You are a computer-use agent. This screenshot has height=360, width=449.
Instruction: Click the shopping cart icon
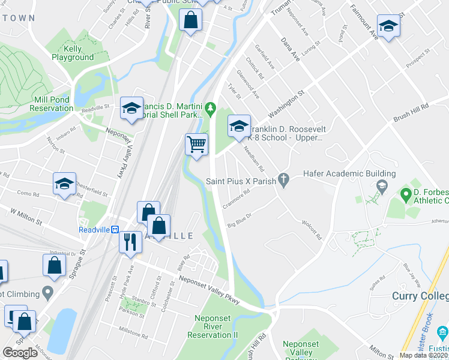click(x=196, y=145)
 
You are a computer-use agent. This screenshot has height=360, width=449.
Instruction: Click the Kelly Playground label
click(x=72, y=53)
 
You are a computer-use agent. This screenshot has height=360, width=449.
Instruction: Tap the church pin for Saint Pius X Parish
click(x=285, y=179)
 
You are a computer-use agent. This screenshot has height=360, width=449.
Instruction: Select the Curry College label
click(x=420, y=296)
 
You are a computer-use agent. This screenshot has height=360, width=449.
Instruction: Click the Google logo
click(x=20, y=352)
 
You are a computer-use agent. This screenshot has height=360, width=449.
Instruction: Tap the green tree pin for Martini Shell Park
click(x=210, y=109)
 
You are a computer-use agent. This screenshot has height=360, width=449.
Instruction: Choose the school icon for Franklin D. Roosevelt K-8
click(x=238, y=127)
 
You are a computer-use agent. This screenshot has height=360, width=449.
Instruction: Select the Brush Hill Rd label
click(x=427, y=112)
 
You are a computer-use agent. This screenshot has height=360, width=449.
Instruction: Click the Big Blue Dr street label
click(x=238, y=220)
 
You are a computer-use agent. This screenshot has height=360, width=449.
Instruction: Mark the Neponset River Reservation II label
click(x=213, y=327)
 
